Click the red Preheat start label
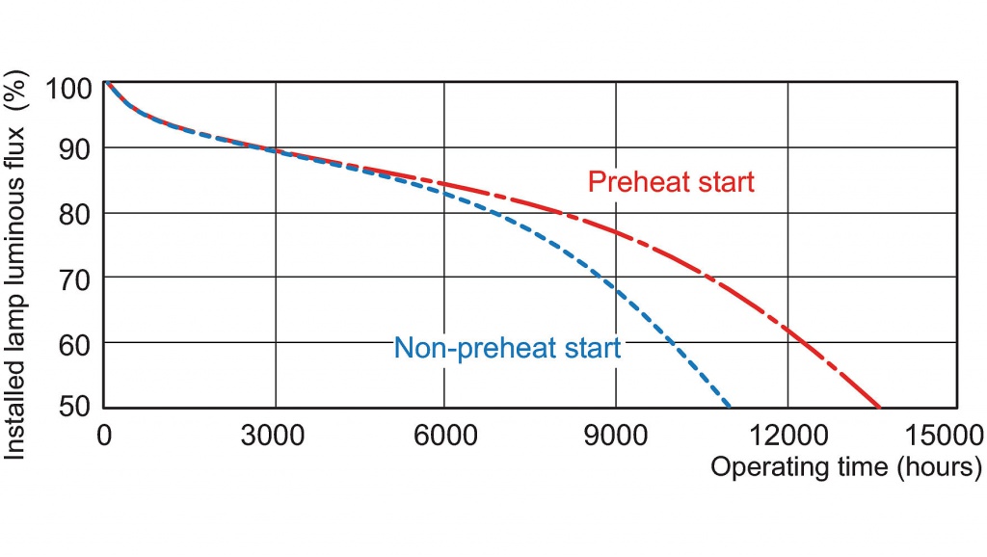(671, 182)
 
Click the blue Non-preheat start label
(507, 348)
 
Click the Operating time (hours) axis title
(846, 467)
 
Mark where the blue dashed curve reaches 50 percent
(731, 406)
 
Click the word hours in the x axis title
(935, 467)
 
